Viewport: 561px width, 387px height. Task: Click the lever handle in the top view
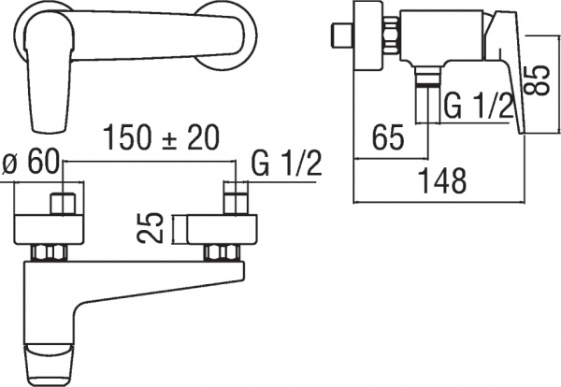pos(47,75)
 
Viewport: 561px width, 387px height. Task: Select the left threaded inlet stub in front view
pos(63,203)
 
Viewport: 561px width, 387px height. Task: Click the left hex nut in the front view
pos(49,252)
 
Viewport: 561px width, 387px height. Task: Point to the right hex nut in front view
pos(222,252)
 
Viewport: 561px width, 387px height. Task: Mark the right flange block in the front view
pos(221,229)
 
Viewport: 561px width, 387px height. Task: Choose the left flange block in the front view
pos(50,229)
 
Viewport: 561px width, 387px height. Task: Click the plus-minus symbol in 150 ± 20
pos(175,137)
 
